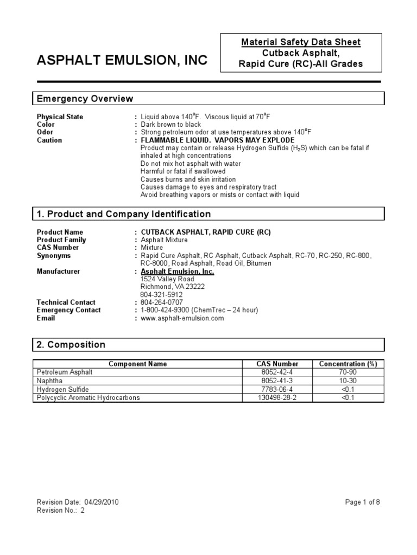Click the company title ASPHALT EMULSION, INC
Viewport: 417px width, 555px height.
point(122,60)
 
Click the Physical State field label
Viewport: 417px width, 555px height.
point(60,117)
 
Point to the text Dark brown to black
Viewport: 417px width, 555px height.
point(170,125)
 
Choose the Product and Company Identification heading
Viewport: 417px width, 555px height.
point(123,214)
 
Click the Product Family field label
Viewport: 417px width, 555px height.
point(61,240)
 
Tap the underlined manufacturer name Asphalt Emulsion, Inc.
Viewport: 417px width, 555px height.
point(178,271)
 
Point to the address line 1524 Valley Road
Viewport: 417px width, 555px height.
point(167,279)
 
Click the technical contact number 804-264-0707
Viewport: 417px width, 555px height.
point(162,302)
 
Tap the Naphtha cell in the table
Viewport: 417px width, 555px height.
point(49,381)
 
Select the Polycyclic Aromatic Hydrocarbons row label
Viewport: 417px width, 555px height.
point(88,397)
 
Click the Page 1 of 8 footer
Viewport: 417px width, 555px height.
point(363,502)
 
